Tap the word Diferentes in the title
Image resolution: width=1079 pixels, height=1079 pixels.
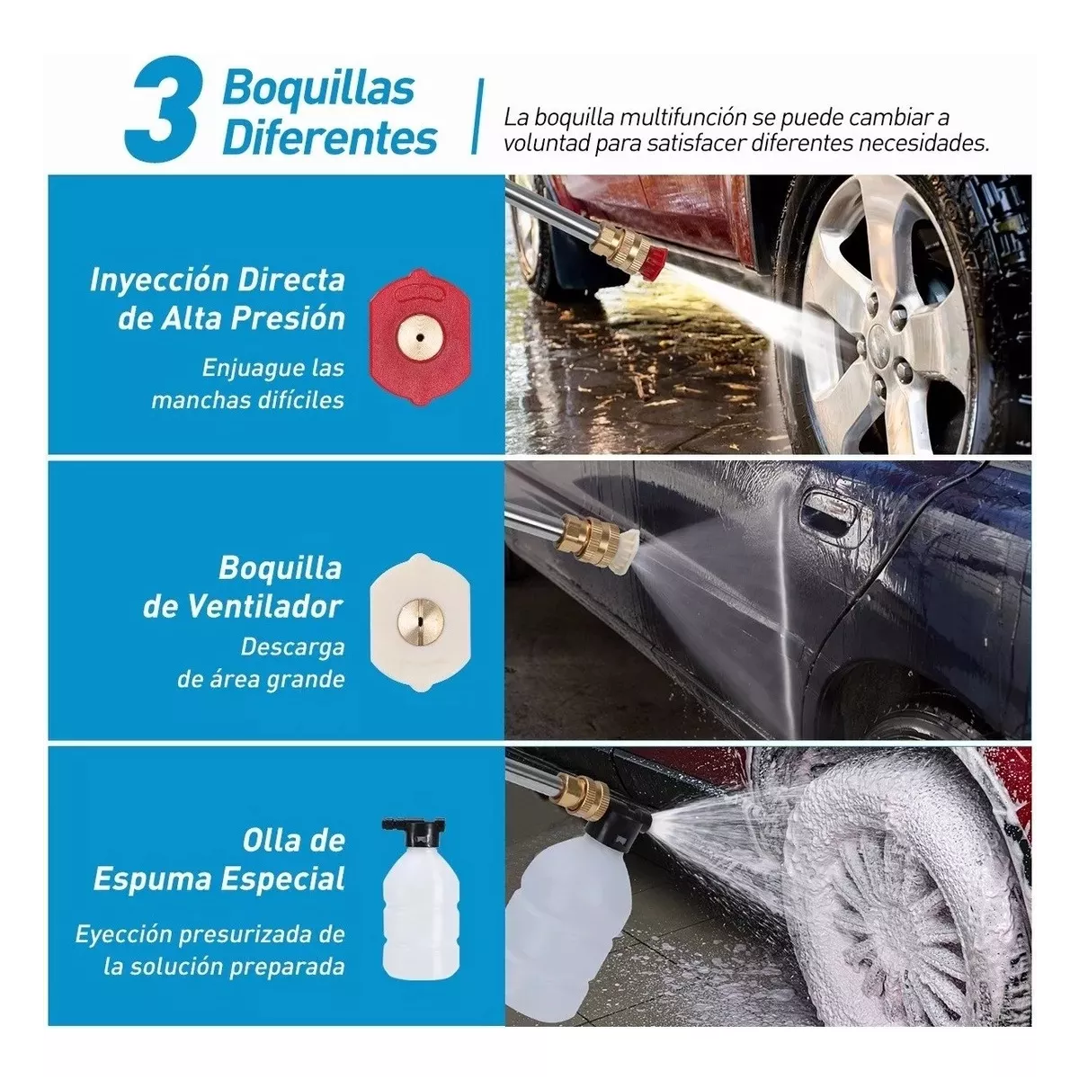coord(329,138)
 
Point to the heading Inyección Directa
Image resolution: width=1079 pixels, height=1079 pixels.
coord(217,280)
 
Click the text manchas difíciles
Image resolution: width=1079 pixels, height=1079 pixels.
coord(247,399)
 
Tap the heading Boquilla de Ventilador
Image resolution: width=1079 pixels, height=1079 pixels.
coord(243,587)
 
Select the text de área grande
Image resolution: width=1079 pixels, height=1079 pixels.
coord(261,679)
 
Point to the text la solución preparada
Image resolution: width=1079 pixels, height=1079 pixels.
coord(224,968)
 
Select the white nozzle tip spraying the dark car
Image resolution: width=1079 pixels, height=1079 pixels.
coord(627,543)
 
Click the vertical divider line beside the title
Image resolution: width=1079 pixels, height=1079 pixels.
coord(478,117)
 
